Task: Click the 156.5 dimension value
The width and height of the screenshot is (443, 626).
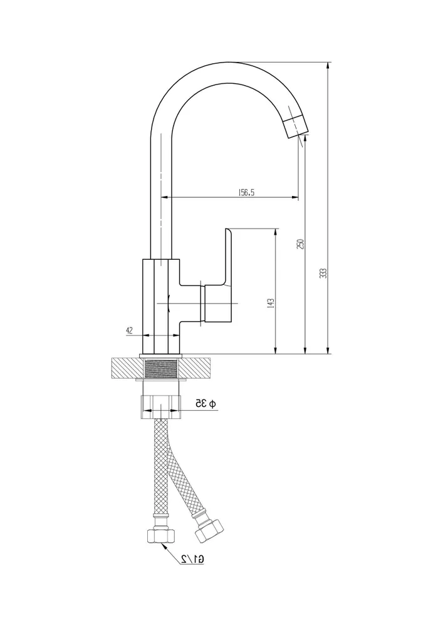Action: [x=246, y=192]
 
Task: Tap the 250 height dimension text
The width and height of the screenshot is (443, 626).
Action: [x=301, y=244]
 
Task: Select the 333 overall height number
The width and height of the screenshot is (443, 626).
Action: [x=324, y=273]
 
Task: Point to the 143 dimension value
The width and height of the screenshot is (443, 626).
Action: [x=271, y=303]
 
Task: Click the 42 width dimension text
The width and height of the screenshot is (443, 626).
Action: [x=129, y=330]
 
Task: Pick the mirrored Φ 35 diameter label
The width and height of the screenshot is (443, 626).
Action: [x=206, y=404]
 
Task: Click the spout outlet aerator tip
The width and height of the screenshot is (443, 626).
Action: [x=296, y=126]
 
